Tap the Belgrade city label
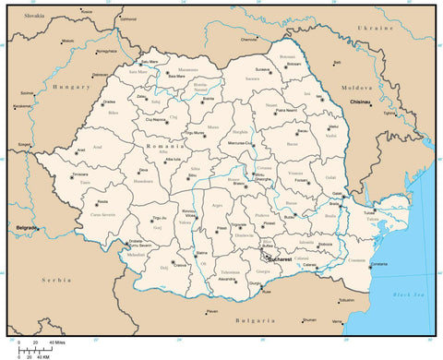[25, 226]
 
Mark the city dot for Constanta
[371, 266]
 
